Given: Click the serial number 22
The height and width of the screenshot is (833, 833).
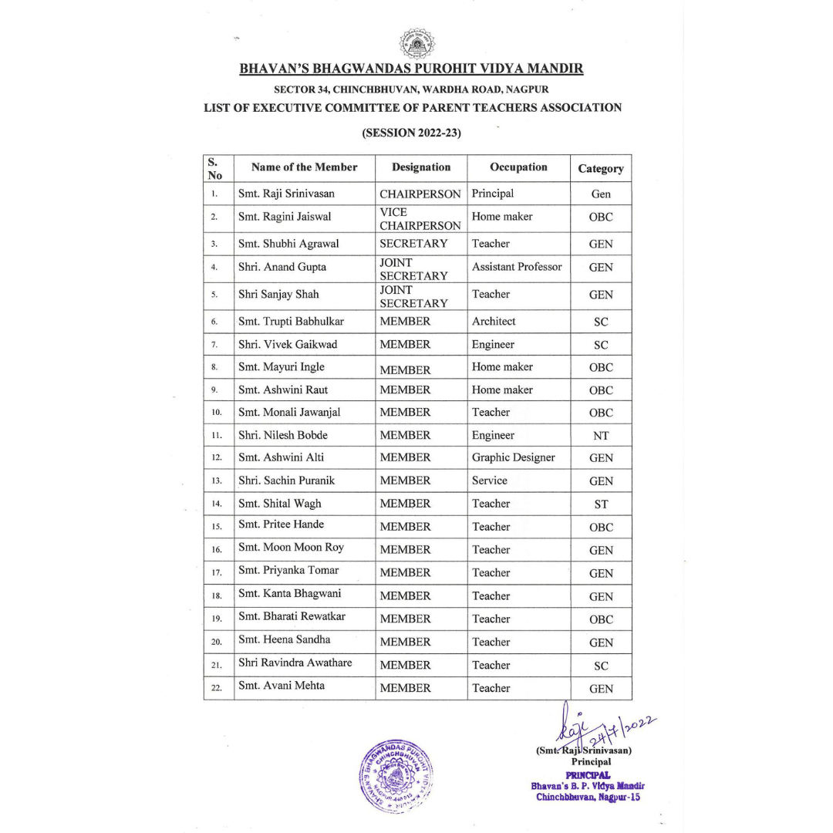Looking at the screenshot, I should (x=217, y=688).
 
